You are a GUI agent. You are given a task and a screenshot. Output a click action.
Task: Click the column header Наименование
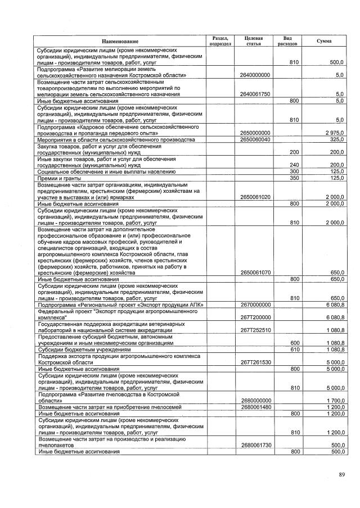(120, 42)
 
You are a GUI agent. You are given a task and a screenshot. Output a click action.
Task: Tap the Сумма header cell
(324, 41)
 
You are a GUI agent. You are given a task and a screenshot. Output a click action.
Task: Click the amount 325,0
(337, 139)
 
